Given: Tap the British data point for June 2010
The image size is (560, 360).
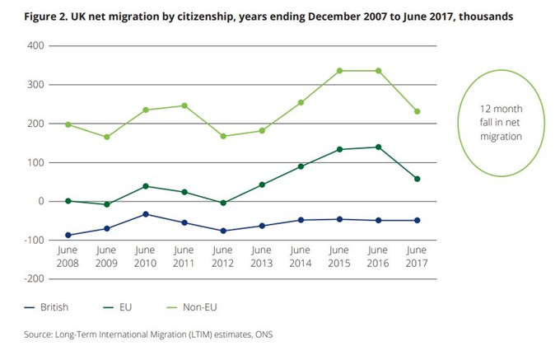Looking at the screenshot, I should click(145, 214).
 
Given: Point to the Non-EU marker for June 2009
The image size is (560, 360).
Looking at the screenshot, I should click(106, 137).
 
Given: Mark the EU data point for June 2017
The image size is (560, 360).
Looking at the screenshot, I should click(418, 179).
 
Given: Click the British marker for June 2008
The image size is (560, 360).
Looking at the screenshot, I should click(68, 236).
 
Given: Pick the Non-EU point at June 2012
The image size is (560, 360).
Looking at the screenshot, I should click(223, 136).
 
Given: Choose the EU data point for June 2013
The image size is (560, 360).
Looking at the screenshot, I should click(262, 185).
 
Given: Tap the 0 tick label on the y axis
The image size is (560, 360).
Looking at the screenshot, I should click(38, 201).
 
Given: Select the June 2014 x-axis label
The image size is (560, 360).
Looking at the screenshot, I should click(301, 256).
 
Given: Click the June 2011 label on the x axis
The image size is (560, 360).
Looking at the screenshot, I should click(184, 256).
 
